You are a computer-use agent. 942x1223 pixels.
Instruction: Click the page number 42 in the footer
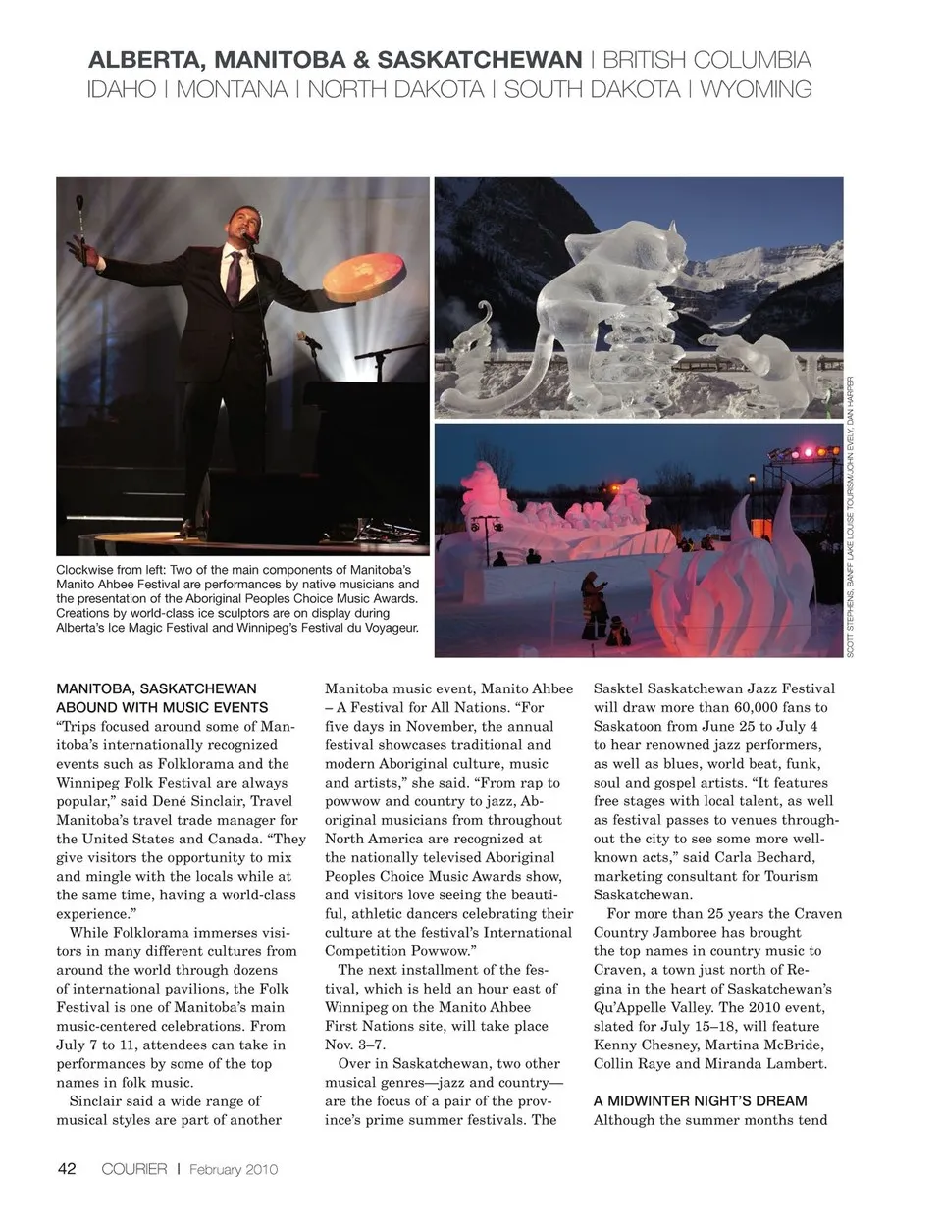tap(67, 1168)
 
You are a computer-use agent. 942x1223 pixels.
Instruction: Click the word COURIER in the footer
tap(134, 1169)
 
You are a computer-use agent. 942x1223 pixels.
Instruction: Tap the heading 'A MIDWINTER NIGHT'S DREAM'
tap(700, 1100)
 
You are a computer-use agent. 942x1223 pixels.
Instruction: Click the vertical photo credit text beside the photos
tap(851, 517)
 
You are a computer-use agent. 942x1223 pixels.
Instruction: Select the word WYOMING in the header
tap(756, 90)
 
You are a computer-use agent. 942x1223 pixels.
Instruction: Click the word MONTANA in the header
tap(232, 90)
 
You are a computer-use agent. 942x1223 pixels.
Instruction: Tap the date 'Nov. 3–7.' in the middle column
tap(355, 1044)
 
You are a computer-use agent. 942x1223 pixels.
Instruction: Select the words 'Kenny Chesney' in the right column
tap(639, 1044)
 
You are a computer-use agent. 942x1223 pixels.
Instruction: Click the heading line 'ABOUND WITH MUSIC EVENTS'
tap(162, 707)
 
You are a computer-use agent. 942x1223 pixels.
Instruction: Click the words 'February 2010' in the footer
tap(234, 1169)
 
